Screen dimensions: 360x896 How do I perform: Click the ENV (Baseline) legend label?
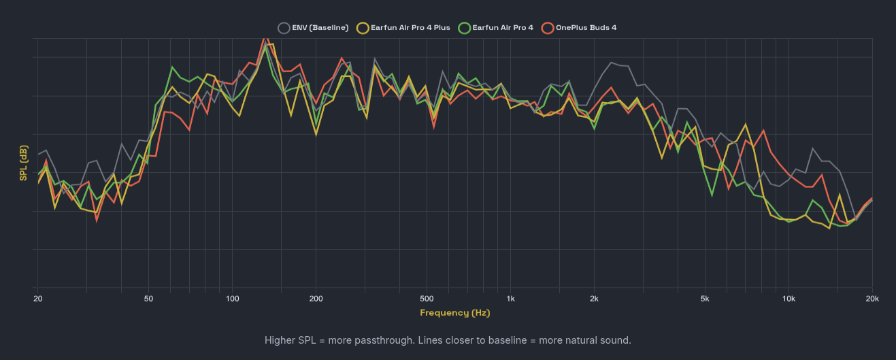[320, 28]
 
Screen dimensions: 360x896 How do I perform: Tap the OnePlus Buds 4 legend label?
[586, 28]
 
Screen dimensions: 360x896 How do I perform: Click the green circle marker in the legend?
[464, 28]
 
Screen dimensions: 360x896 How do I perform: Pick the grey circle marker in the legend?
[284, 28]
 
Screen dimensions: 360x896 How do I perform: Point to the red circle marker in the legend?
[548, 28]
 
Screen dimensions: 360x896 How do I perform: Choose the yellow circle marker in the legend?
[363, 28]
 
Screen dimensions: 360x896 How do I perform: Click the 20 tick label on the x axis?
[38, 299]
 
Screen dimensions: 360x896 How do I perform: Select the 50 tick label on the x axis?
[148, 299]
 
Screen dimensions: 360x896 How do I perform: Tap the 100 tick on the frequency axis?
[233, 299]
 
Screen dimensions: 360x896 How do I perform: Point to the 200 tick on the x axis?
[316, 299]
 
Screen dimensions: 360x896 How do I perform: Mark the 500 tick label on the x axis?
[427, 299]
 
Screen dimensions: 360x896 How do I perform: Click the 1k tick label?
[510, 299]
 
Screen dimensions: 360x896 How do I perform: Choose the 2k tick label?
[594, 299]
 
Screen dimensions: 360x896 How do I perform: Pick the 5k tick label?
[705, 299]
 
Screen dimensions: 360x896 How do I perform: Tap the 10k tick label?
[789, 299]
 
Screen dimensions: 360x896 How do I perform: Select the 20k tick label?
[871, 299]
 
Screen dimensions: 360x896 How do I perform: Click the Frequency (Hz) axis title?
[454, 313]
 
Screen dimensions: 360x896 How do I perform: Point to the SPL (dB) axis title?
[24, 163]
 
